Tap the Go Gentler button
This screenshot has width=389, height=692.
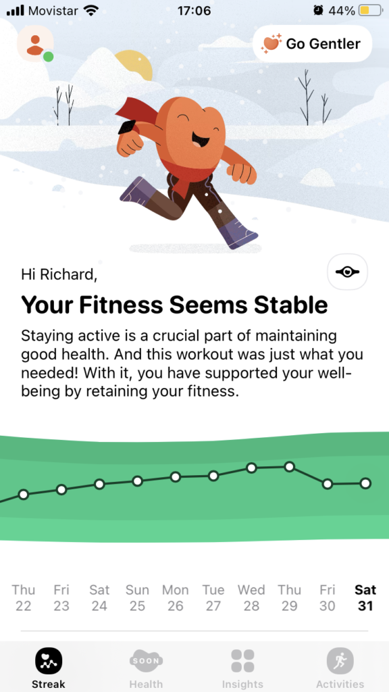click(x=312, y=44)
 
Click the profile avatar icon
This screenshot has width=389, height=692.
click(x=35, y=44)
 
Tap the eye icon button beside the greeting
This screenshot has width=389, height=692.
click(x=348, y=272)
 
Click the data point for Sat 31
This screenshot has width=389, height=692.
click(x=365, y=484)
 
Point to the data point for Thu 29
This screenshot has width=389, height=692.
click(x=289, y=466)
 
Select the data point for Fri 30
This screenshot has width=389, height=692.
click(x=328, y=484)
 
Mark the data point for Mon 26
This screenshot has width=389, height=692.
click(x=176, y=477)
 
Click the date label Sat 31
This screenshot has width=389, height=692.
click(x=365, y=598)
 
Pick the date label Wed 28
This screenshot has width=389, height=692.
click(x=251, y=598)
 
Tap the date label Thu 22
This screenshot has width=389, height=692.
click(x=24, y=598)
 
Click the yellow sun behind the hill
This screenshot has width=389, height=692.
click(x=134, y=64)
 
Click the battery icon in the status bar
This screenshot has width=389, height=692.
click(x=370, y=11)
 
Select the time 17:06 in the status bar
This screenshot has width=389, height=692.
click(x=194, y=11)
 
